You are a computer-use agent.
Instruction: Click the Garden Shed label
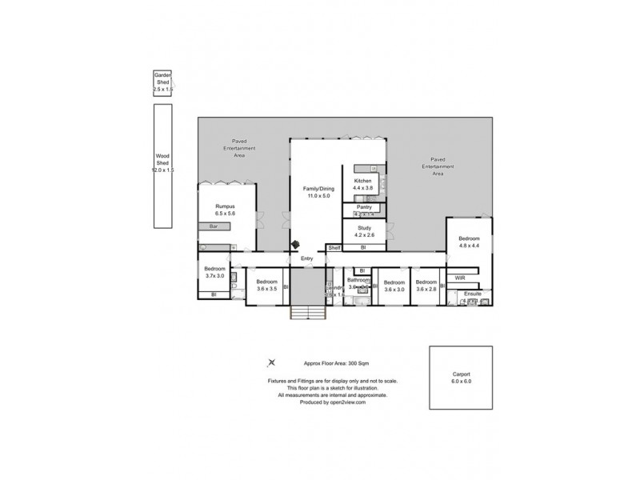pos(163,82)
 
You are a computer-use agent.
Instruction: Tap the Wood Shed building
pos(163,166)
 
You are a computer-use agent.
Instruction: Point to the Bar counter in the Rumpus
pos(214,226)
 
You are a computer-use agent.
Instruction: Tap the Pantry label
pos(364,207)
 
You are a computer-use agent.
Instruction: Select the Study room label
pos(364,231)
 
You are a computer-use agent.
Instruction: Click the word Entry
pos(306,258)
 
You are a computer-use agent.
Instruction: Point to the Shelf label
pos(334,248)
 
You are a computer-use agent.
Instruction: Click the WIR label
pos(460,278)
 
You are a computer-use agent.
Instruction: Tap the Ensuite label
pos(473,294)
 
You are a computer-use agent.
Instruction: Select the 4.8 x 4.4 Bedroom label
pos(470,242)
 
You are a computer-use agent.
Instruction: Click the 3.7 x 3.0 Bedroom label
pos(214,272)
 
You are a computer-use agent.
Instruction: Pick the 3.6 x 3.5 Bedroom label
pos(266,285)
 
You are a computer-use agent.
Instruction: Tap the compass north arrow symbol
pos(271,363)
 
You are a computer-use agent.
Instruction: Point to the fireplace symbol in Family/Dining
pos(297,243)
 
